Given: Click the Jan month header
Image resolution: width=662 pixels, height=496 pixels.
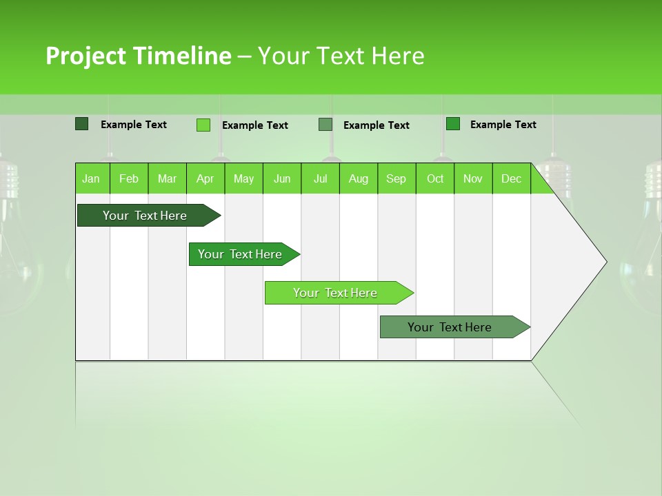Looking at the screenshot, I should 92,178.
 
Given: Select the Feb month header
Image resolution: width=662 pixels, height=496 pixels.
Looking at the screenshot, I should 129,178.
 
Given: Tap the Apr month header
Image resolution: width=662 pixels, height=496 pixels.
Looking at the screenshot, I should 205,178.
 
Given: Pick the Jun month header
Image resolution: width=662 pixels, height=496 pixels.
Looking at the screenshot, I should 282,178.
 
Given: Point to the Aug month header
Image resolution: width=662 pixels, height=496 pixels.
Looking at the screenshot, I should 359,178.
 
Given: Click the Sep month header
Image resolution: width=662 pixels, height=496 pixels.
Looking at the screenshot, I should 397,178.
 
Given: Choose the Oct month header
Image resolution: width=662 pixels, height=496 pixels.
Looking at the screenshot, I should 435,178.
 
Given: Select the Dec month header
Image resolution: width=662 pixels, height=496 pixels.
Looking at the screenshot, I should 512,178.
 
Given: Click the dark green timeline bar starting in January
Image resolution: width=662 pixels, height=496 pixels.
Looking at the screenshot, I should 146,216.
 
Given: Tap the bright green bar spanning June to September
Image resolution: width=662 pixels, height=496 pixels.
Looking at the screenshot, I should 336,293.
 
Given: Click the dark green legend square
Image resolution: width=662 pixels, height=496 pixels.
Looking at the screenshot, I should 82,124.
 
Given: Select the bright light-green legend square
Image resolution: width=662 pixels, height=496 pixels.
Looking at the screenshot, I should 203,125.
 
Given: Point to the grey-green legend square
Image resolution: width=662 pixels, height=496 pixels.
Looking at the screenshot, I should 325,125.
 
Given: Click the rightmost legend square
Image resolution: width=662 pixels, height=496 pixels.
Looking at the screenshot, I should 453,124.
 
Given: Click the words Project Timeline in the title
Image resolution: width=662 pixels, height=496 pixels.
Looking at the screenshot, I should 138,56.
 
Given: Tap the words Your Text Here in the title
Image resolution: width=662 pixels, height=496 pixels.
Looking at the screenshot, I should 341,56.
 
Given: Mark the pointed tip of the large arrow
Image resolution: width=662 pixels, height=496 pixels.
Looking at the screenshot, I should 605,262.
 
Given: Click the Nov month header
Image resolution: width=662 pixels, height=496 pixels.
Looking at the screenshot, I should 473,178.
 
